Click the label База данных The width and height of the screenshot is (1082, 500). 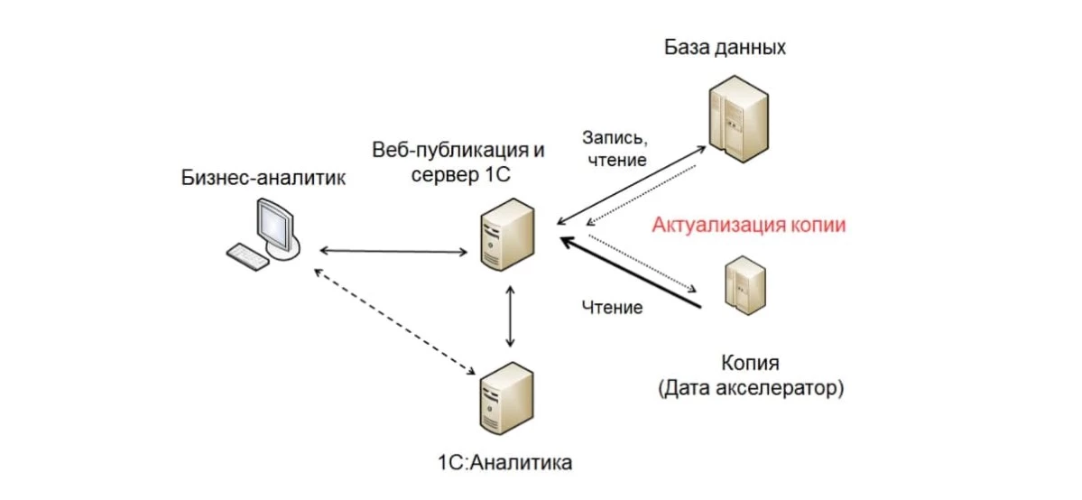pyautogui.click(x=725, y=47)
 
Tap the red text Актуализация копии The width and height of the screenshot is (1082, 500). pyautogui.click(x=749, y=225)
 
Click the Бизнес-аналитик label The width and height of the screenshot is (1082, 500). pyautogui.click(x=264, y=178)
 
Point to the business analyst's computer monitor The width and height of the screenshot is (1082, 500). pyautogui.click(x=275, y=226)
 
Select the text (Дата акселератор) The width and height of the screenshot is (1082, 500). pyautogui.click(x=751, y=389)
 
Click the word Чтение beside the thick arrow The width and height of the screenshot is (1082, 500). pyautogui.click(x=611, y=308)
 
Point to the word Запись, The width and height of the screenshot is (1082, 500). pyautogui.click(x=615, y=140)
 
